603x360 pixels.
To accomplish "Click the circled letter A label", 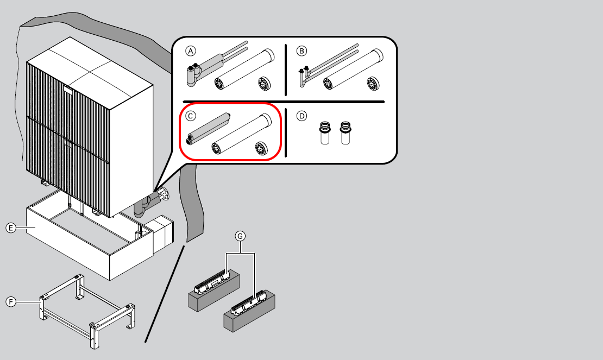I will click(x=190, y=51).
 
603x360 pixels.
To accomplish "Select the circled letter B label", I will click(x=302, y=51).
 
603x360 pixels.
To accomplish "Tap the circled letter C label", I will click(x=190, y=116).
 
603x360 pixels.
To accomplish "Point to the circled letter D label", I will click(x=302, y=116).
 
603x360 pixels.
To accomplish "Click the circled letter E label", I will click(x=11, y=229).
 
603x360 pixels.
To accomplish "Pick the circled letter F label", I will click(x=11, y=301).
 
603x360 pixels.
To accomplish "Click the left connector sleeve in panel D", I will click(x=325, y=134).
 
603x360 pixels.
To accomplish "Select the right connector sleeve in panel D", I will click(x=344, y=134).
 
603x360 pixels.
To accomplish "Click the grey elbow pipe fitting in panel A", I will click(x=192, y=75).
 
